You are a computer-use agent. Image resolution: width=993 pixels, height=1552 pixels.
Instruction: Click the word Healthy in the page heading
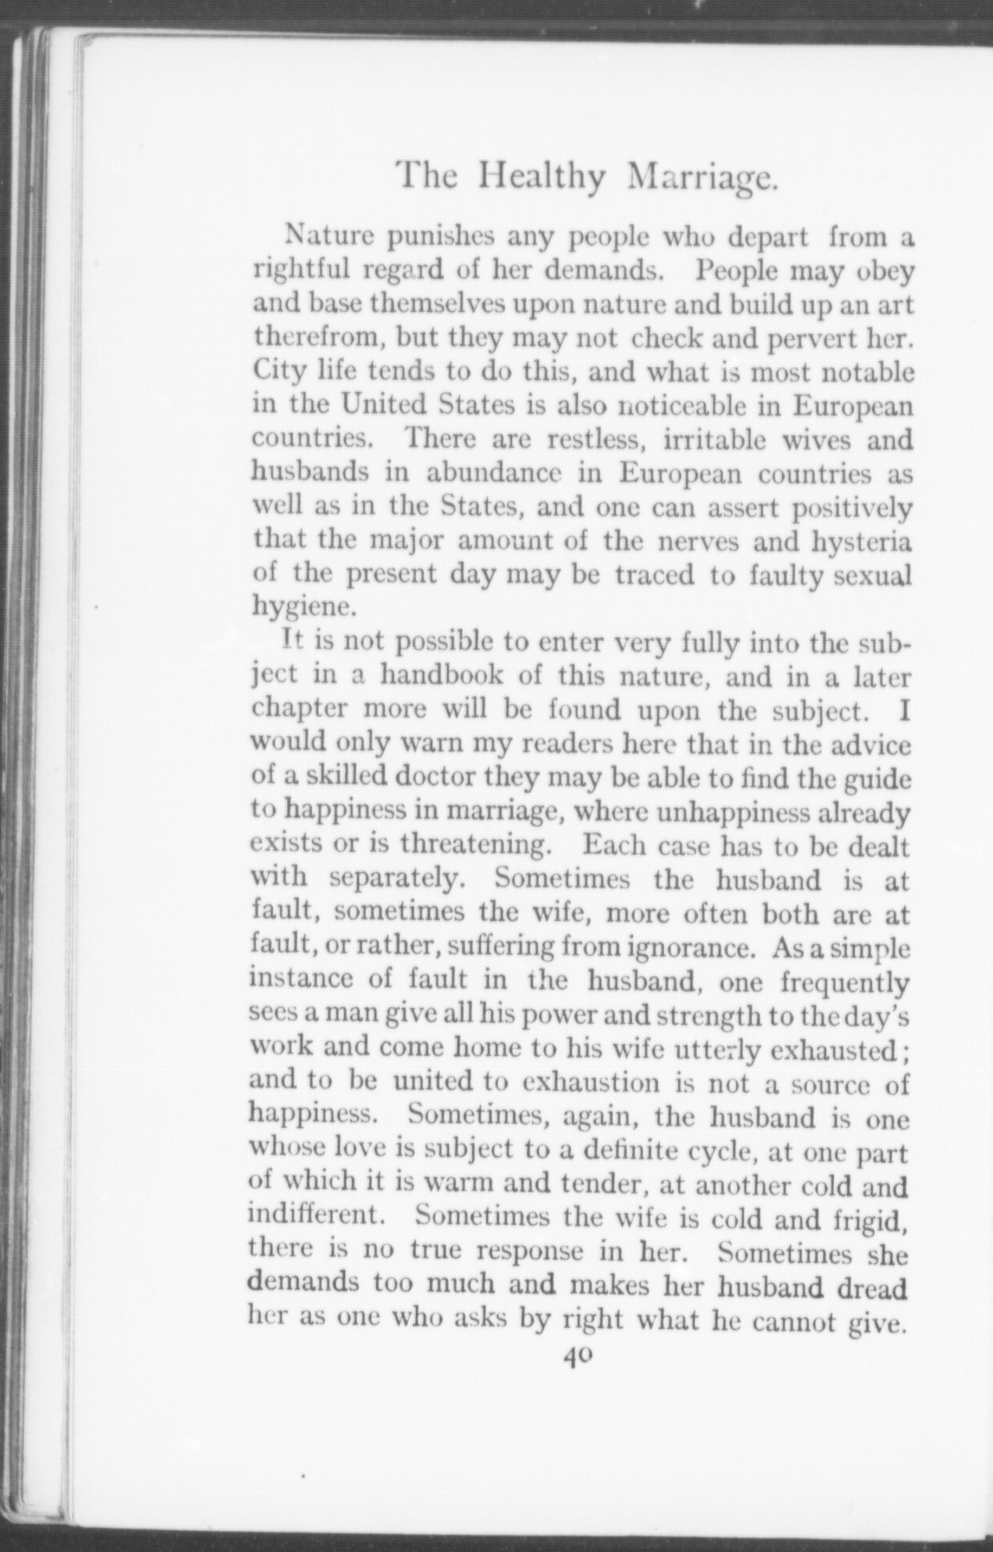541,178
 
